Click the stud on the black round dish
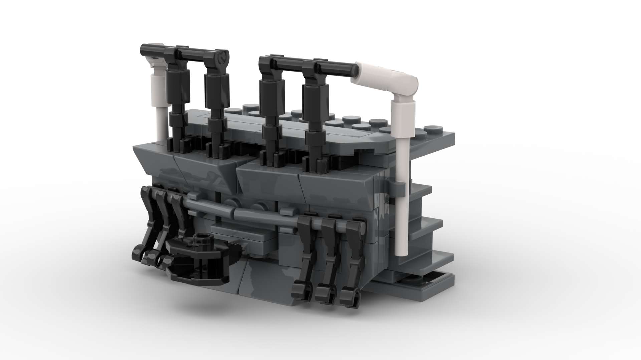tap(201, 239)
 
